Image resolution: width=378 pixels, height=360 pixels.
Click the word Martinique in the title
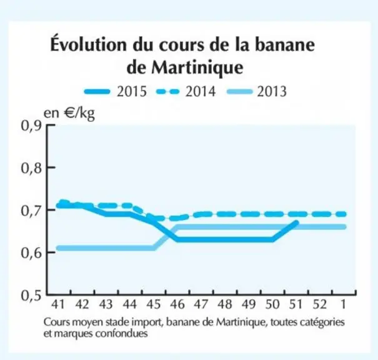coord(197,68)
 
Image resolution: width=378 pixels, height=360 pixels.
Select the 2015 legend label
coord(132,92)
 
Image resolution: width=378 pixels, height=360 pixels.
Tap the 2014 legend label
coord(201,92)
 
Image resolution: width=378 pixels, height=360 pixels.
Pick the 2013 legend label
coord(272,92)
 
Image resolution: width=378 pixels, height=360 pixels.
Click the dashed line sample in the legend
coord(168,92)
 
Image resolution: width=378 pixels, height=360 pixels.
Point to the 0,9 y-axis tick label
coord(32,126)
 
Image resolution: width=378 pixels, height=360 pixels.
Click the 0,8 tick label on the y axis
coord(32,168)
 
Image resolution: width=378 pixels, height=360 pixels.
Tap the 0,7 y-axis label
coord(32,211)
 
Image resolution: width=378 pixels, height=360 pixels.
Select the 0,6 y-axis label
coord(32,253)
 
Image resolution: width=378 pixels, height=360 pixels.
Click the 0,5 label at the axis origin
coord(32,295)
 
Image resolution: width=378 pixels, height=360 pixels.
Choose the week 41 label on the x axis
coord(58,304)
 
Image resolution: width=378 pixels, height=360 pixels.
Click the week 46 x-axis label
coord(177,304)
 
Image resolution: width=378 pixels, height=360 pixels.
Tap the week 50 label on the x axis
coord(272,304)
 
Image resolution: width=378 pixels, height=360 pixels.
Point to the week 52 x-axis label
coord(320,304)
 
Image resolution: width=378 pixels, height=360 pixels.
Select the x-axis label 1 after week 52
coord(344,304)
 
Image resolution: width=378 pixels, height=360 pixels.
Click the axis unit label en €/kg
coord(69,113)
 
